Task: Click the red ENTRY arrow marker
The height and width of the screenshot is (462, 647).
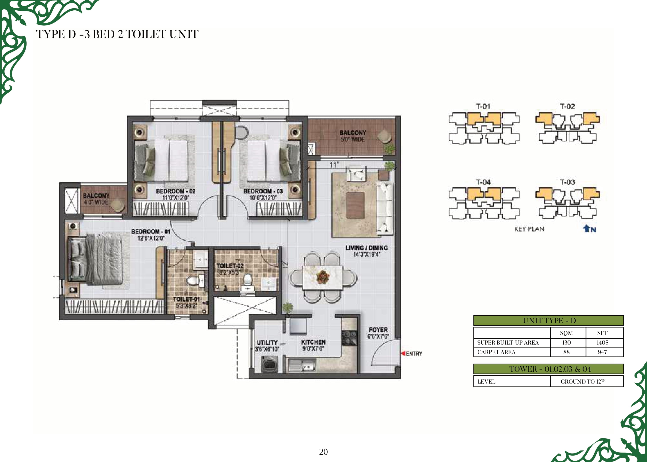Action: coord(403,353)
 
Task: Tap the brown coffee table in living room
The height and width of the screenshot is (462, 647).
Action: coord(355,205)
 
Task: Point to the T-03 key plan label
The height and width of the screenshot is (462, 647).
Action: coord(567,182)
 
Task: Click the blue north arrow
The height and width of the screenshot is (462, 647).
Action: coord(586,228)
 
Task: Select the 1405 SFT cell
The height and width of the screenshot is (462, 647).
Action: coord(602,343)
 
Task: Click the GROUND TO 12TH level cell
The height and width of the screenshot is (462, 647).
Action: coord(583,381)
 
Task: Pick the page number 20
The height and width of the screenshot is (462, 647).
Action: coord(323,452)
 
